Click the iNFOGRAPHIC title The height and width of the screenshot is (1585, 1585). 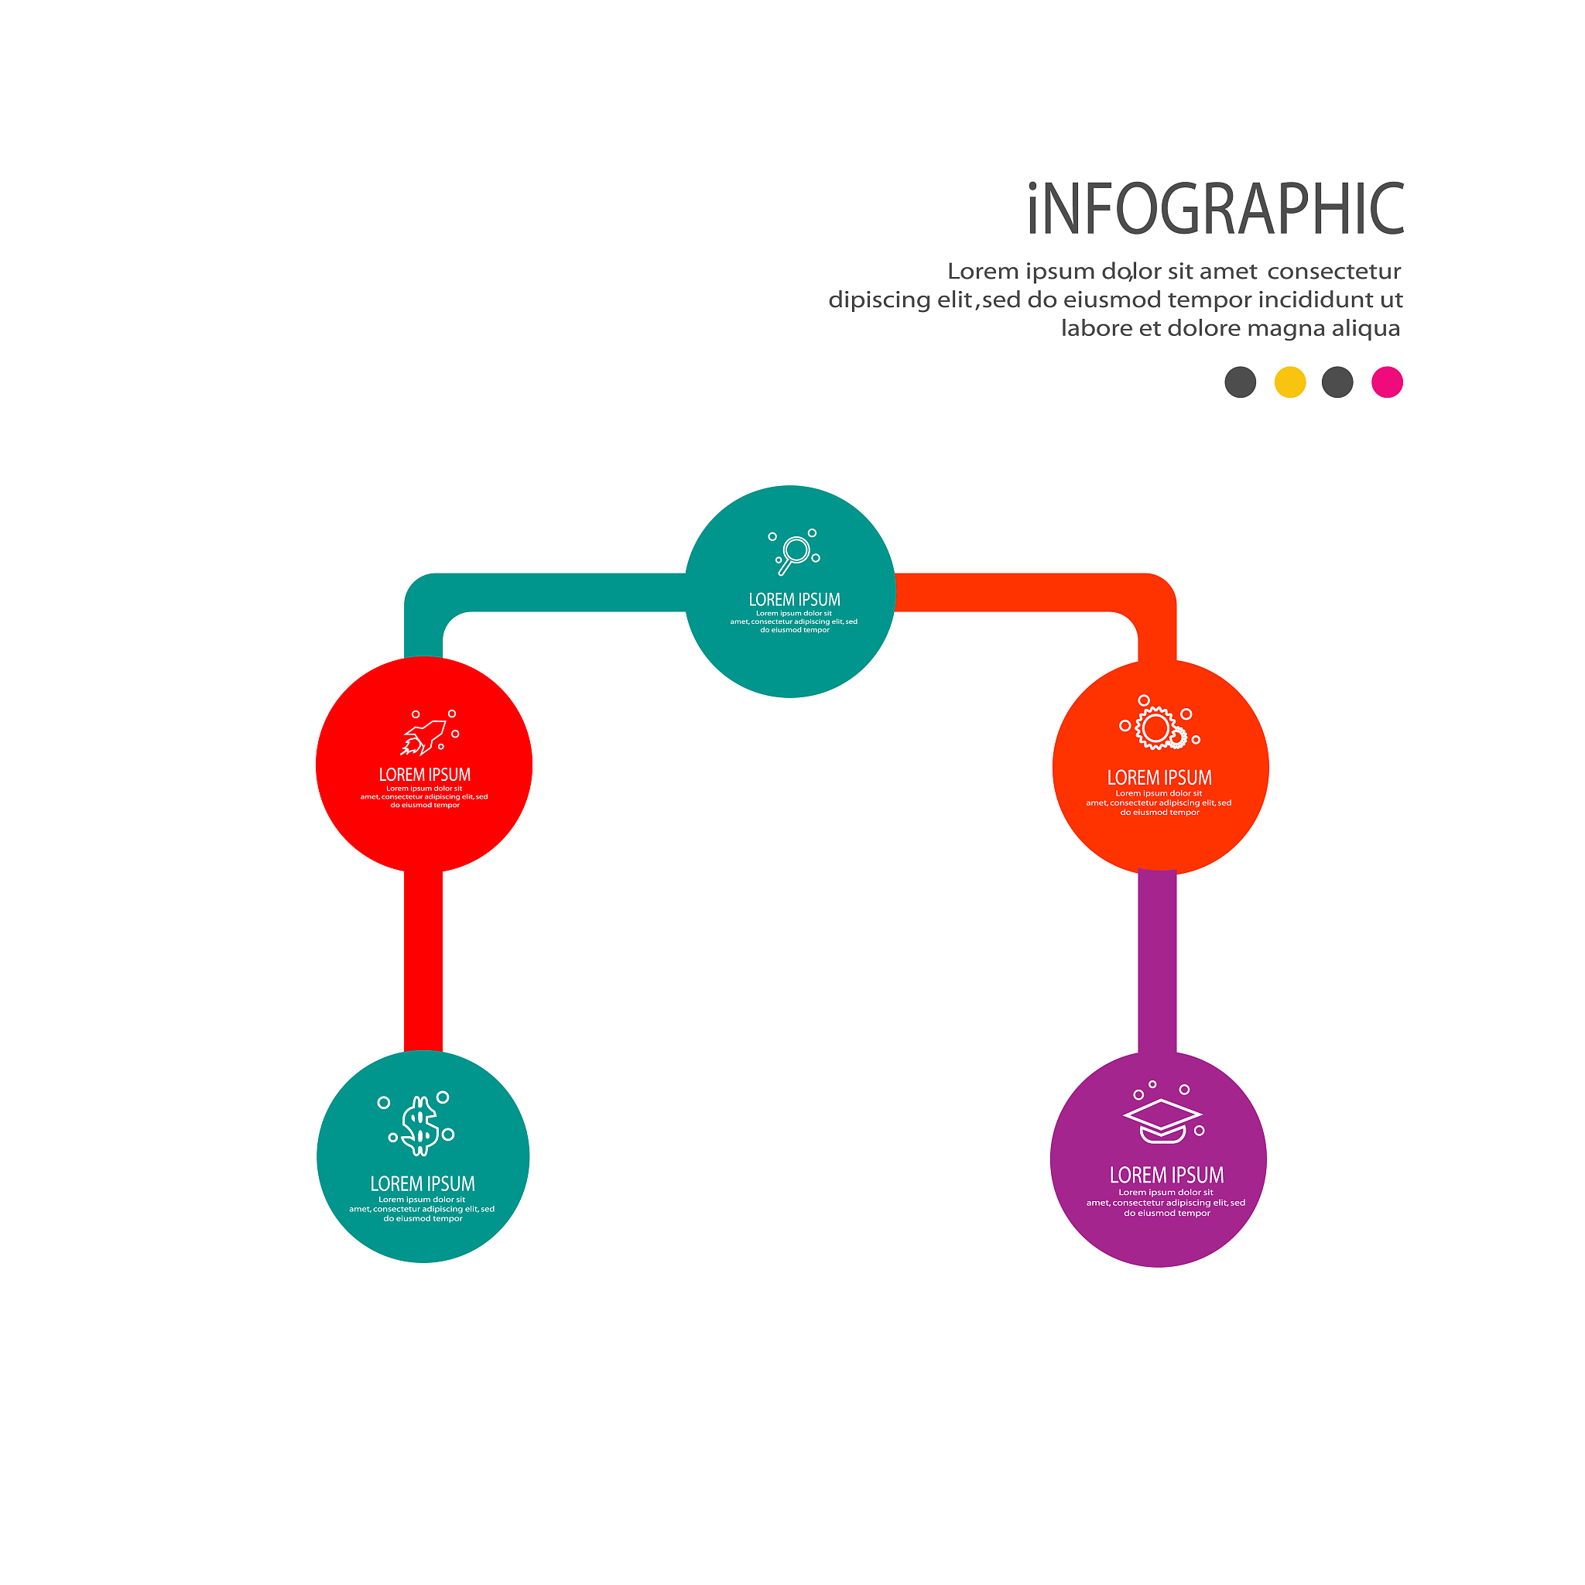click(x=1215, y=209)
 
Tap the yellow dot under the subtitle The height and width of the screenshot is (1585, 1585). click(x=1289, y=382)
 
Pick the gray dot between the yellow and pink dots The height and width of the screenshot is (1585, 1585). click(x=1337, y=382)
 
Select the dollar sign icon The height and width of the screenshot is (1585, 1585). click(x=420, y=1125)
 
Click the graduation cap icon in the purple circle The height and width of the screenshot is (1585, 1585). click(x=1162, y=1121)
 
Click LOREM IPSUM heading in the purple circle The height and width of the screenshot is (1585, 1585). click(x=1166, y=1175)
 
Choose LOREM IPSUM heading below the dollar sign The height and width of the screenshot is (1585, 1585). click(x=423, y=1183)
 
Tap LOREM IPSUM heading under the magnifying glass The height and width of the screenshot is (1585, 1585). click(x=794, y=600)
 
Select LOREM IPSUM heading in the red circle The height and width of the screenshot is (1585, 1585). click(x=425, y=775)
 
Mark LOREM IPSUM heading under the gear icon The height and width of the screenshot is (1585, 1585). click(x=1159, y=778)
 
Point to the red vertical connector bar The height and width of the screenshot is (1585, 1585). click(x=423, y=960)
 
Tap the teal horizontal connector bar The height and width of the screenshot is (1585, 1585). click(x=566, y=592)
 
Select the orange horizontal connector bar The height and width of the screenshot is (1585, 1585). click(x=1017, y=592)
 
